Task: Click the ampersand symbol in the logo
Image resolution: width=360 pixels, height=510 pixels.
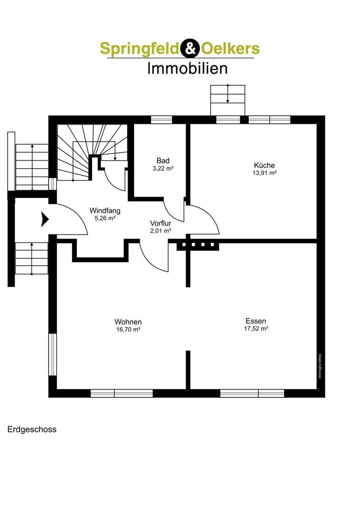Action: (187, 48)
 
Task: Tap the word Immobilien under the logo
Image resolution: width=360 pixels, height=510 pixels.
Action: (187, 68)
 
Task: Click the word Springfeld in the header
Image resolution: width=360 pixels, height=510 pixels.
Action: (139, 48)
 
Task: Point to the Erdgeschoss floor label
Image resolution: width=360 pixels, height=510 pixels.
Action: (32, 429)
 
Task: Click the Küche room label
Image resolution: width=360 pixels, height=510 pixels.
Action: (265, 165)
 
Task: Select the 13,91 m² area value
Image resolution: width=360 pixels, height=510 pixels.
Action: (265, 173)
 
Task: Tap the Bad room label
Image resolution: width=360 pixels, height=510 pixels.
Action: (163, 161)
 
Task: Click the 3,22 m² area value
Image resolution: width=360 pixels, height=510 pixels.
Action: (163, 168)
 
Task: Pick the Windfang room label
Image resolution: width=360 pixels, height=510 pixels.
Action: (105, 210)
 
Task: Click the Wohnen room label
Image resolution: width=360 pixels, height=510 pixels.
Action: (127, 322)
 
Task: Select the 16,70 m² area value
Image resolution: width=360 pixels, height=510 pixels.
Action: (127, 330)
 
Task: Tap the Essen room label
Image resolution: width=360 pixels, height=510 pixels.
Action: (255, 321)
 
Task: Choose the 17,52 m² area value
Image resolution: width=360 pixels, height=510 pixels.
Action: (255, 329)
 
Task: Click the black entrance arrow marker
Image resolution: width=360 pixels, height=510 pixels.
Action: (44, 220)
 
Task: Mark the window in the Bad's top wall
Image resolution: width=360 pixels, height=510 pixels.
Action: (162, 120)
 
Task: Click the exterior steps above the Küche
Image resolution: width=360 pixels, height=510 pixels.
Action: (227, 100)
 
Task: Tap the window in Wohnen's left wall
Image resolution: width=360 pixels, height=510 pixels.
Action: (52, 354)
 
